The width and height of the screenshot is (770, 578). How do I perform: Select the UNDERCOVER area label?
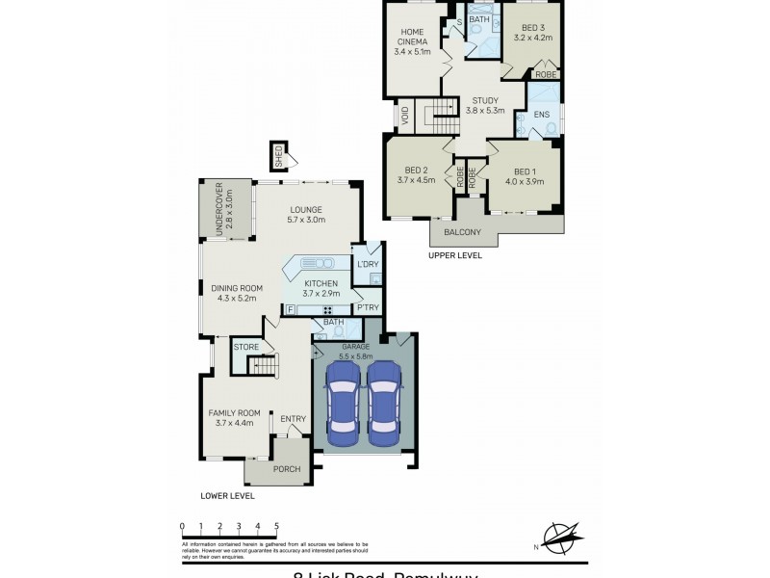[x=218, y=204]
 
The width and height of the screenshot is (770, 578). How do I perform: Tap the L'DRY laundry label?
[x=367, y=264]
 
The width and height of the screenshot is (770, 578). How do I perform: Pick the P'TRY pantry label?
[x=367, y=308]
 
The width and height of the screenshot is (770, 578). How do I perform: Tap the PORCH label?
[x=287, y=469]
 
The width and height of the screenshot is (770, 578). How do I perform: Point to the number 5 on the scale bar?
[x=277, y=526]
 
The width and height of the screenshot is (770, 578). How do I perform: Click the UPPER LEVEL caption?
[x=456, y=256]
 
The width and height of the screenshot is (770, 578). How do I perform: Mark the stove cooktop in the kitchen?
[x=327, y=309]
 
